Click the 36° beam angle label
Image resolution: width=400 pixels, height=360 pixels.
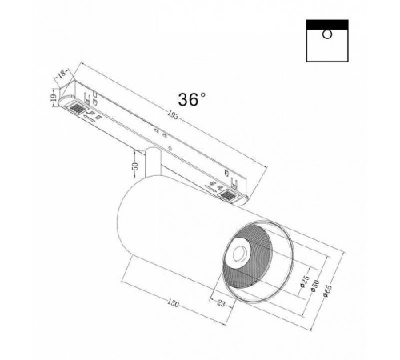tap(191, 98)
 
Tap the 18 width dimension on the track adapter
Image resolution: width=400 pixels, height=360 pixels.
tap(61, 75)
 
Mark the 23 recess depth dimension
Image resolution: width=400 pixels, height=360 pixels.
tap(222, 303)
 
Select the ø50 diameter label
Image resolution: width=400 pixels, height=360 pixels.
tap(318, 289)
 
